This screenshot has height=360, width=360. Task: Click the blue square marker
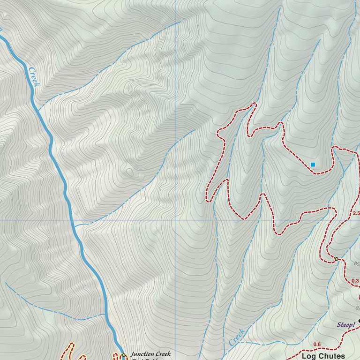click(x=313, y=165)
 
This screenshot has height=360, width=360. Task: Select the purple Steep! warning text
click(x=346, y=324)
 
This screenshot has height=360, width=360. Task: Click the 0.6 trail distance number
click(x=317, y=345)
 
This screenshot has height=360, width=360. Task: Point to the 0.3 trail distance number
click(x=355, y=281)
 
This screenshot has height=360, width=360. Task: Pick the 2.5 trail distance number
click(x=355, y=214)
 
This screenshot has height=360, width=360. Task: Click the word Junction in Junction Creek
click(x=143, y=354)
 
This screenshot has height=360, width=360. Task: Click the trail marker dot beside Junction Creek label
click(x=123, y=355)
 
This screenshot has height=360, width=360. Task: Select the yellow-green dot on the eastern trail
click(x=336, y=259)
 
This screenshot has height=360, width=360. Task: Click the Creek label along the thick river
click(x=33, y=77)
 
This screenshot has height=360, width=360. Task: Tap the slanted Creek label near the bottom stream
click(x=237, y=337)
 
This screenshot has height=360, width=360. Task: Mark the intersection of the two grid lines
click(x=176, y=219)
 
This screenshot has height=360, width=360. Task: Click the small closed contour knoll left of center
click(x=129, y=172)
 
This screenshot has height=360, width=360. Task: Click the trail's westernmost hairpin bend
click(x=207, y=201)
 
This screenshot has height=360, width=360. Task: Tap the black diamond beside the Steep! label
click(x=359, y=321)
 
